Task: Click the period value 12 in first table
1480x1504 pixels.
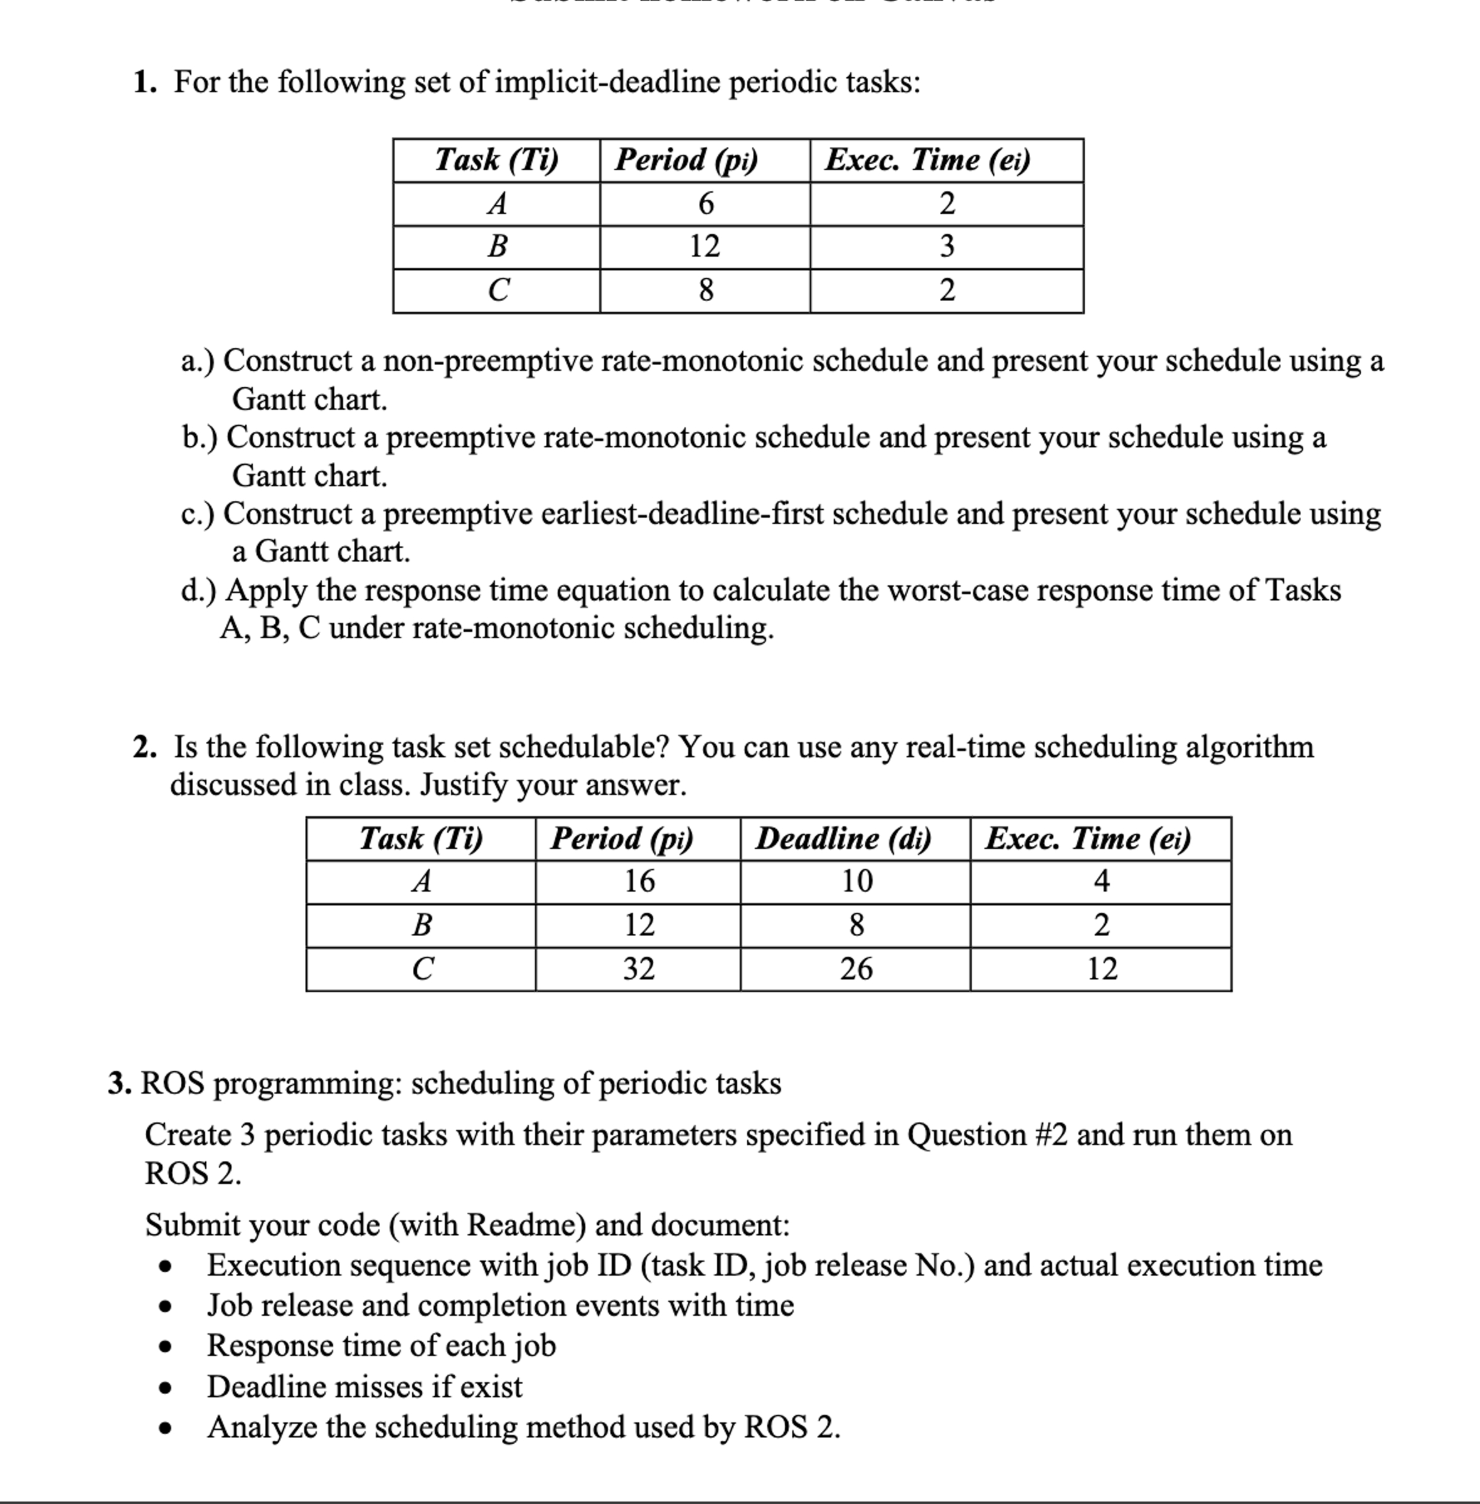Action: tap(705, 247)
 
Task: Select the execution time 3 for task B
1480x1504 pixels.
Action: tap(946, 247)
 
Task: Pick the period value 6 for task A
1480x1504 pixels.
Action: tap(705, 204)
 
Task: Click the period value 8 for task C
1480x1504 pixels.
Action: tap(705, 291)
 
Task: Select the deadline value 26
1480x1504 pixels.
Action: tap(856, 969)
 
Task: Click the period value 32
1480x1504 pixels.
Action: tap(638, 969)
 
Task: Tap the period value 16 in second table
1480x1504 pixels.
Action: tap(639, 882)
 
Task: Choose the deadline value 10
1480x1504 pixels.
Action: tap(856, 882)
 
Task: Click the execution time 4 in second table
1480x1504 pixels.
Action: tap(1100, 882)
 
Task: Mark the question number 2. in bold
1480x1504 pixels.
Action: tap(144, 748)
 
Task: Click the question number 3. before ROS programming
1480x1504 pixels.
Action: tap(120, 1084)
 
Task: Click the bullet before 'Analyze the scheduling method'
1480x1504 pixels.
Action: tap(164, 1429)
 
